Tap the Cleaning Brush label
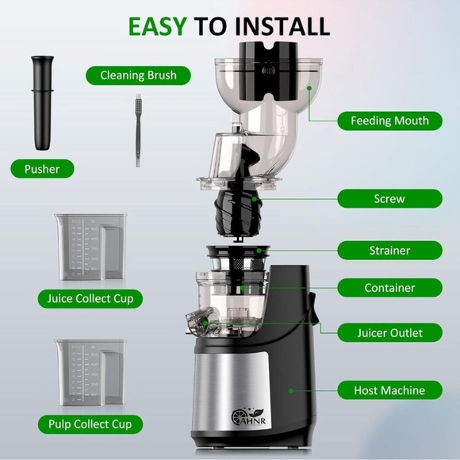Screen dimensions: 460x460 click(x=139, y=76)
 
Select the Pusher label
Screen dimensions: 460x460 click(x=41, y=169)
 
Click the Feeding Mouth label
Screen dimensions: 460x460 click(x=389, y=121)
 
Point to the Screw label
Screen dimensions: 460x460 click(x=389, y=199)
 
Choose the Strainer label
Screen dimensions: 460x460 click(x=389, y=251)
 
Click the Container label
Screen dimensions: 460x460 click(x=389, y=288)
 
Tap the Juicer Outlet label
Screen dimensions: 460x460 click(x=389, y=333)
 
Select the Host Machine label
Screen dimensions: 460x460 click(x=389, y=390)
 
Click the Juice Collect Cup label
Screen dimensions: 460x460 click(x=90, y=299)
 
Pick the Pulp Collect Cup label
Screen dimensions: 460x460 click(x=90, y=424)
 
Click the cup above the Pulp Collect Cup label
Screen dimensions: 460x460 click(x=89, y=373)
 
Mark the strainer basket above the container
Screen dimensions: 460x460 click(x=238, y=259)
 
